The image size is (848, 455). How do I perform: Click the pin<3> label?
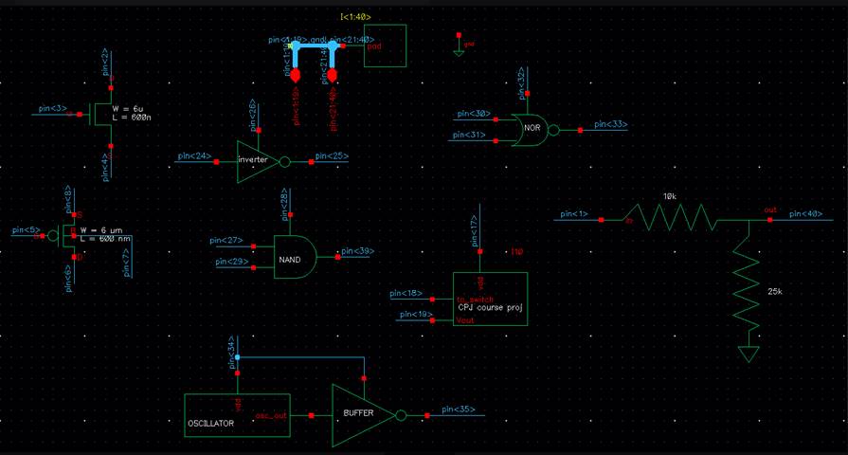click(53, 109)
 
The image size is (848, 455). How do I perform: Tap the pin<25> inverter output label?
click(333, 155)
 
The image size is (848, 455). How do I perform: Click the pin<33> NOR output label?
click(609, 124)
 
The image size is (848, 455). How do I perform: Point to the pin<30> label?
click(473, 114)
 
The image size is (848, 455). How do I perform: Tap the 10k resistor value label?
click(670, 197)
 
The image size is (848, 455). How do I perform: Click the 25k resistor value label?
click(775, 291)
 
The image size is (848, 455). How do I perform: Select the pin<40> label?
click(805, 213)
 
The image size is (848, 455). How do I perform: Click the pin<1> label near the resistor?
click(574, 213)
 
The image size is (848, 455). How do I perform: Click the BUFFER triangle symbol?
click(360, 415)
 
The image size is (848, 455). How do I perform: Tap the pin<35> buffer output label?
click(458, 409)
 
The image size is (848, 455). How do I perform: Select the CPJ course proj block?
click(489, 298)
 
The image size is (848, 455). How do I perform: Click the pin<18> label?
click(406, 293)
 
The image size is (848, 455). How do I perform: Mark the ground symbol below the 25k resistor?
click(749, 355)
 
